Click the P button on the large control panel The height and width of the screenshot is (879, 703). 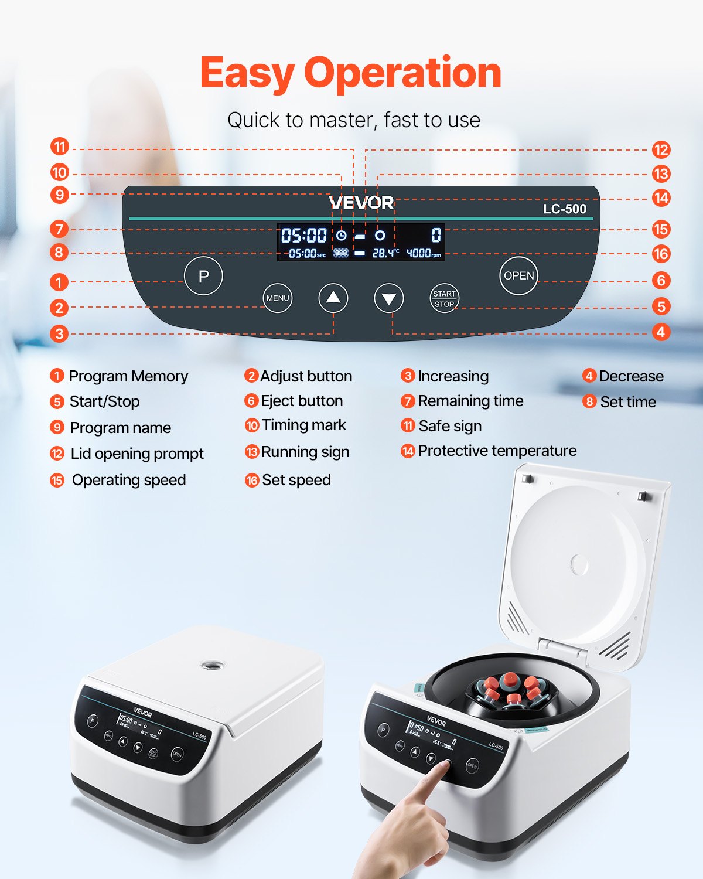[x=203, y=276]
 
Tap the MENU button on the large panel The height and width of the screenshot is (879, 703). [x=277, y=298]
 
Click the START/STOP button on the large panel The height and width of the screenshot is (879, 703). [x=444, y=298]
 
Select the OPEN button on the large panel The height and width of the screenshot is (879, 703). [x=518, y=275]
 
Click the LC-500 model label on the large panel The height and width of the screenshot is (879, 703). [x=564, y=209]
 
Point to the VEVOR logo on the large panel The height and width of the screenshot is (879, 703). [x=361, y=203]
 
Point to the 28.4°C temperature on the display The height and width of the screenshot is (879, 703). [x=385, y=253]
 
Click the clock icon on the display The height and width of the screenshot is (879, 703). [x=341, y=236]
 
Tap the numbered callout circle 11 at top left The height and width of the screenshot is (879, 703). [x=59, y=146]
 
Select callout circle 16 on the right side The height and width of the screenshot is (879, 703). [x=661, y=254]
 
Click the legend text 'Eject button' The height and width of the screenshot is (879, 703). [x=302, y=401]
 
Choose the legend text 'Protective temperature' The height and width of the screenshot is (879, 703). [x=497, y=451]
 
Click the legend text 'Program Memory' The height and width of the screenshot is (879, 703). [x=128, y=376]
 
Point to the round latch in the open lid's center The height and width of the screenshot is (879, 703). [x=579, y=565]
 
